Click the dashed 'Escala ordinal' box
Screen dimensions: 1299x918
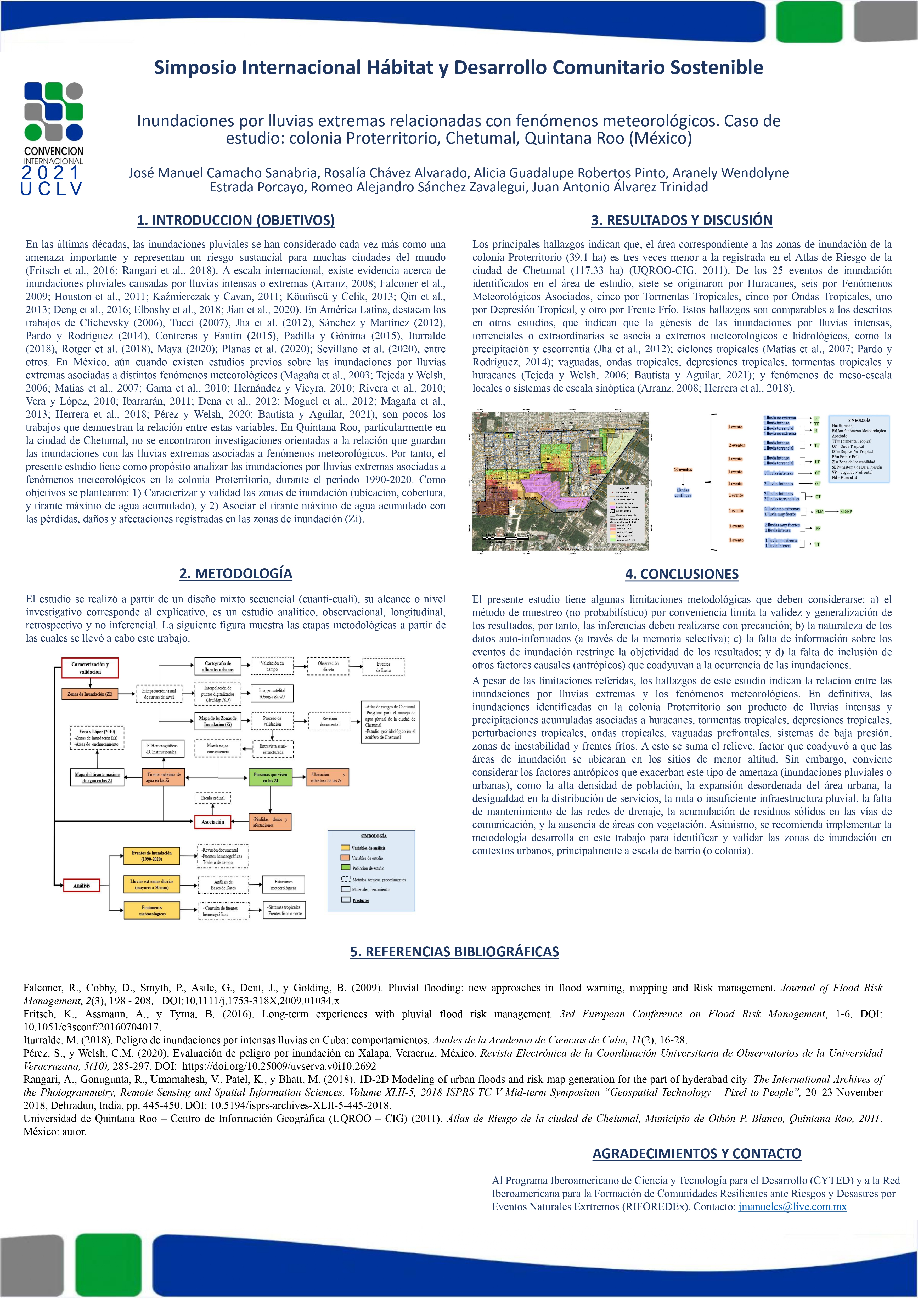click(213, 798)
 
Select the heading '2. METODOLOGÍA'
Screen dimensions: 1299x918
click(235, 573)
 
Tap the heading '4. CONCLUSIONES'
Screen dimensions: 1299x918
click(682, 574)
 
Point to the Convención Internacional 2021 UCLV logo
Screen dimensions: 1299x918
click(53, 139)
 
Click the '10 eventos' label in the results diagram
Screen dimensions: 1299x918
click(683, 470)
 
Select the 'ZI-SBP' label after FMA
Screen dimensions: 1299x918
click(846, 512)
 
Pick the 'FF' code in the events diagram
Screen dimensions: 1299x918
click(818, 529)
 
